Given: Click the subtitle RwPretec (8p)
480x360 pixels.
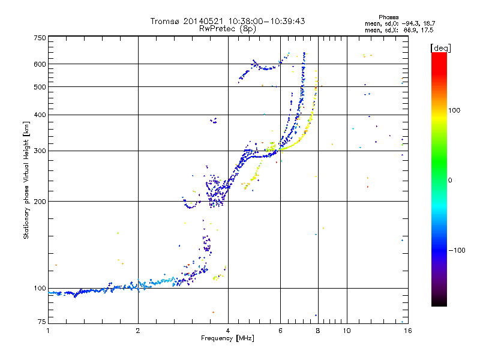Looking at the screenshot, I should [x=227, y=28].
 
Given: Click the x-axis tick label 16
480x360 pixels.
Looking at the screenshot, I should [x=407, y=331].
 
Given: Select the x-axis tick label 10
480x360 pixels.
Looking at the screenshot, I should [x=346, y=331].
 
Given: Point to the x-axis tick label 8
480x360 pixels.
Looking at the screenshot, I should [x=317, y=331].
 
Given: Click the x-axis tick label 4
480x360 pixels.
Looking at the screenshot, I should [x=228, y=331].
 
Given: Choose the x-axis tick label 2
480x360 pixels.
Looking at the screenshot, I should [x=138, y=331].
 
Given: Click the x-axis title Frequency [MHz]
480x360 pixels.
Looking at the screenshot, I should [x=227, y=338].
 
